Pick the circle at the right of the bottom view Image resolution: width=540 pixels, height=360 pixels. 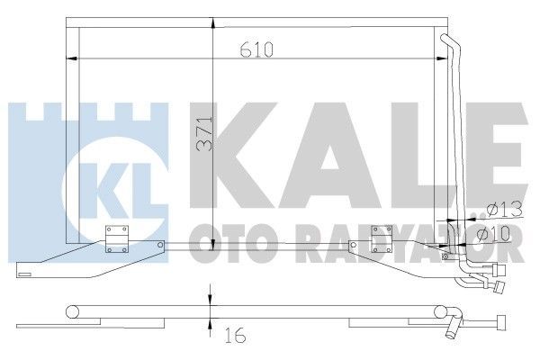click(x=442, y=311)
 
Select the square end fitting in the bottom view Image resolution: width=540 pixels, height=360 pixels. click(x=497, y=326)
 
